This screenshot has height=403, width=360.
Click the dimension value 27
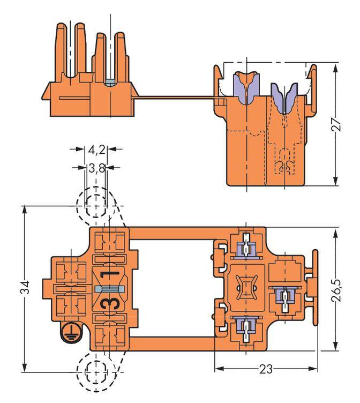coord(336,125)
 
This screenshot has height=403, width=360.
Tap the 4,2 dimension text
coord(96,150)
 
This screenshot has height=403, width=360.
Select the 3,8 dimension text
coord(96,168)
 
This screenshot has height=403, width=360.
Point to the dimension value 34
coord(25,287)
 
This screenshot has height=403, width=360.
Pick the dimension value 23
coord(266,369)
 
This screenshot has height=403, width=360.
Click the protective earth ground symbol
coord(70,332)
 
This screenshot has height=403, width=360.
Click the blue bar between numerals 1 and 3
coord(109,289)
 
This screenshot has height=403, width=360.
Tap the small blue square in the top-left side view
coord(110,83)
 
